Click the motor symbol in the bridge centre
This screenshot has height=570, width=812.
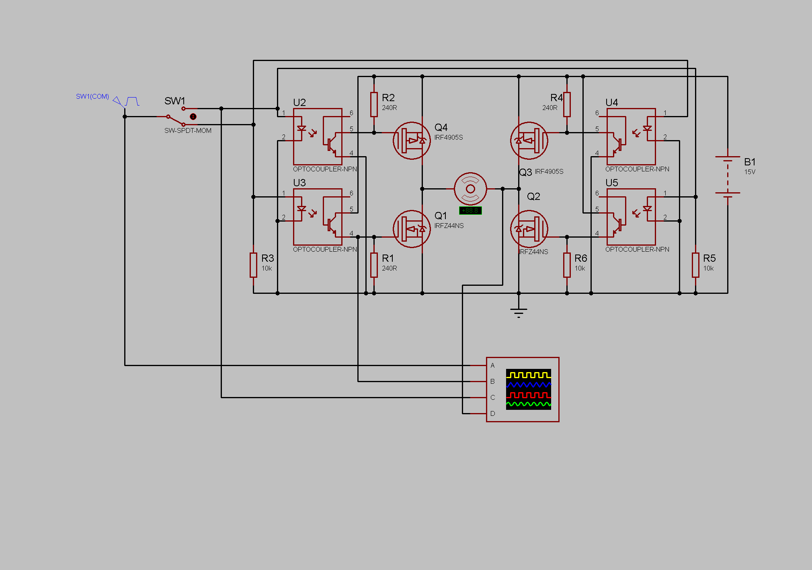pos(470,189)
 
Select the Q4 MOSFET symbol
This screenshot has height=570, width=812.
pos(412,140)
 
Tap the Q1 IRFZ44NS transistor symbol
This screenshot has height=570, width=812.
pos(412,229)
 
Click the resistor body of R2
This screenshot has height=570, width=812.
pos(374,104)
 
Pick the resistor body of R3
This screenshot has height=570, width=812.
pos(253,265)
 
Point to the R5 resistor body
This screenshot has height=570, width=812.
pos(695,265)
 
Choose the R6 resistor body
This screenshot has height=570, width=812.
pos(567,265)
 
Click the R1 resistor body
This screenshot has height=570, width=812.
pos(374,265)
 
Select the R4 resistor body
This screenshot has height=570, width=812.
pos(567,104)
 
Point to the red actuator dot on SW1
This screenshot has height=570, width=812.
pos(193,116)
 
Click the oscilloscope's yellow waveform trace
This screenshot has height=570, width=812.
pos(528,375)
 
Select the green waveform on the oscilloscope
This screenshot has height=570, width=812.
pos(528,404)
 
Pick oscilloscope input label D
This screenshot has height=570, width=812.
pos(492,413)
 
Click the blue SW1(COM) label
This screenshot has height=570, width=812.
pos(92,96)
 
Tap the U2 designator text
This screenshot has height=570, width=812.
pos(299,102)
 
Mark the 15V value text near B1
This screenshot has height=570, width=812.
pos(750,172)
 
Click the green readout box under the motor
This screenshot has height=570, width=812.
pos(470,210)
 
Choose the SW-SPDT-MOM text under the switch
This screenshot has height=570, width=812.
pos(188,130)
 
